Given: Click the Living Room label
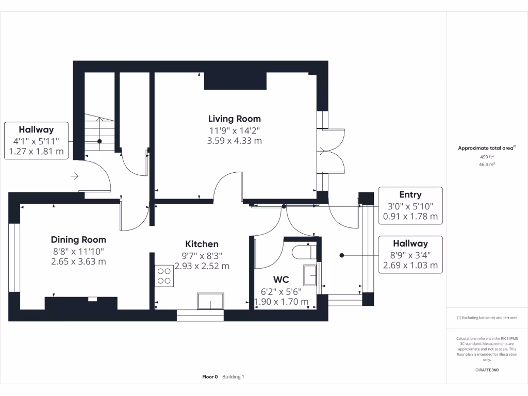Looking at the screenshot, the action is [x=235, y=119].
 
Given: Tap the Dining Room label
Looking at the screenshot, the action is [x=78, y=239].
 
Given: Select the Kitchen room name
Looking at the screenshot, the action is [x=202, y=244].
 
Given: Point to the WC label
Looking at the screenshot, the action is [x=281, y=279].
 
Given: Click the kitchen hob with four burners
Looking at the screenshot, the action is [x=164, y=276].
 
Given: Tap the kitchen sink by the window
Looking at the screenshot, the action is [x=210, y=301].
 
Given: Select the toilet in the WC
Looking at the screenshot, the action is [x=304, y=252].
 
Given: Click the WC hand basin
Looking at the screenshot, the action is [x=310, y=275].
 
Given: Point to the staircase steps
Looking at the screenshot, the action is [x=100, y=132].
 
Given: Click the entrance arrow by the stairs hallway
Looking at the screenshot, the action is [x=74, y=176].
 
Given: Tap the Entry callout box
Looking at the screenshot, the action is [x=410, y=205].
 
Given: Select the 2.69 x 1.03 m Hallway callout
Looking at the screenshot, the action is [x=410, y=255].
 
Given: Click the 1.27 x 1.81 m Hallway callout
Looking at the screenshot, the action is [x=36, y=140].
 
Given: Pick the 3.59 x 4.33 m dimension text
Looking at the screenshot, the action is [x=235, y=141].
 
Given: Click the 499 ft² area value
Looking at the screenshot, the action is [x=487, y=157].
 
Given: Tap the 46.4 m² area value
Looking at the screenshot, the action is [x=487, y=164].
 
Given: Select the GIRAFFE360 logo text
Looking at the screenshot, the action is [x=487, y=370].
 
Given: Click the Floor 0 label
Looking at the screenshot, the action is [x=210, y=377].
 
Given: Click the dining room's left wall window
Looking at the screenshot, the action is [x=14, y=257].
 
